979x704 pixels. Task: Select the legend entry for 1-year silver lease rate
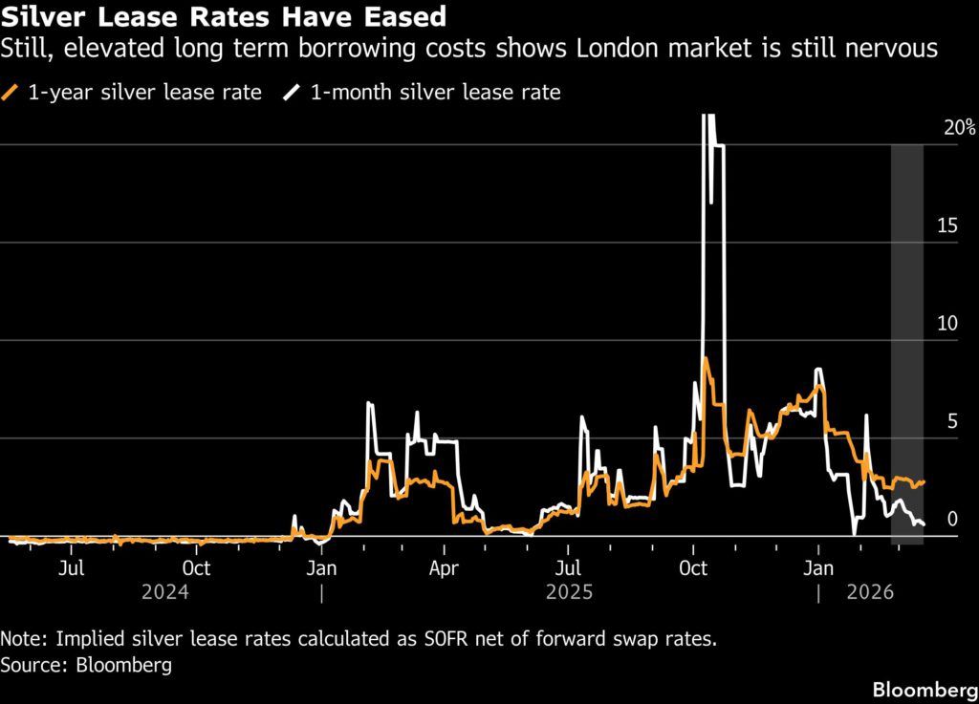tap(133, 93)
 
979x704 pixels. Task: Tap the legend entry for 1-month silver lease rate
tap(422, 93)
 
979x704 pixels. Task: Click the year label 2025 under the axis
tap(570, 592)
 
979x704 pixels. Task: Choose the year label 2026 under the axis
tap(869, 592)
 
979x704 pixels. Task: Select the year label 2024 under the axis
tap(166, 592)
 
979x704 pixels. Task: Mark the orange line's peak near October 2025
tap(706, 358)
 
